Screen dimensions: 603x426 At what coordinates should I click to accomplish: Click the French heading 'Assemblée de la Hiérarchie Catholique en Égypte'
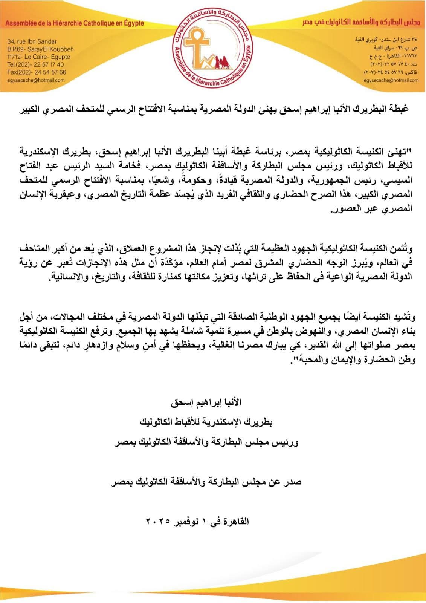[x=75, y=23]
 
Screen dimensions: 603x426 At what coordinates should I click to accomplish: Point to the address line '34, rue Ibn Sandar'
[x=32, y=41]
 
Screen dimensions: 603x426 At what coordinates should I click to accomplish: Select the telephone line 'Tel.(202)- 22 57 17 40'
[x=35, y=64]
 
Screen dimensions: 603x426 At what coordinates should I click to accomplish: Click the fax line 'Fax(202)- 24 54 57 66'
[x=37, y=72]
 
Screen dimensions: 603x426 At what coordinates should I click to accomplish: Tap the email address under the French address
[x=36, y=80]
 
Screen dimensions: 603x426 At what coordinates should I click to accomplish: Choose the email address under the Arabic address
[x=391, y=80]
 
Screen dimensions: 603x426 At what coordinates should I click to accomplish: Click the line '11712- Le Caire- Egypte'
[x=38, y=57]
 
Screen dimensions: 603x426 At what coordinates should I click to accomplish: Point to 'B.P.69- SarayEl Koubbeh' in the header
[x=40, y=49]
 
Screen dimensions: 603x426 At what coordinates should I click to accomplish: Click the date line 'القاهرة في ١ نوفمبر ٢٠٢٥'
[x=197, y=522]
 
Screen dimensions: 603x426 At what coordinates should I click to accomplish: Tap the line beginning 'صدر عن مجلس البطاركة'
[x=206, y=482]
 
